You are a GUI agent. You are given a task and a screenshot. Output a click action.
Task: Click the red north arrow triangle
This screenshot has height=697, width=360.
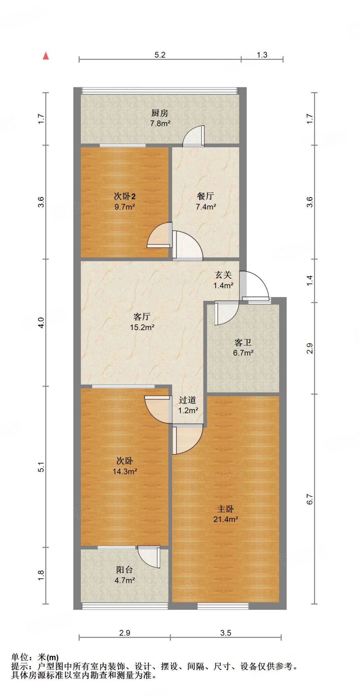tap(46, 56)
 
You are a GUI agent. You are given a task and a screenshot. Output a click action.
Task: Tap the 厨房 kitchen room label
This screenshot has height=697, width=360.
tap(160, 113)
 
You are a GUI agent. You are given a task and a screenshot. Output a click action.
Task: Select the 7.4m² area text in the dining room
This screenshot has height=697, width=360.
tap(206, 207)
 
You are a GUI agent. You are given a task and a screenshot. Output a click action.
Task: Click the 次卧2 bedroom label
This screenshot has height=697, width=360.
tap(125, 196)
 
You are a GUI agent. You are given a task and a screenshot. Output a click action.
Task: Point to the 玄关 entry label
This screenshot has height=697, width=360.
tap(223, 275)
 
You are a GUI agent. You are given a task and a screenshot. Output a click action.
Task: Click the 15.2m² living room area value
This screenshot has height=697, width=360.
tap(142, 327)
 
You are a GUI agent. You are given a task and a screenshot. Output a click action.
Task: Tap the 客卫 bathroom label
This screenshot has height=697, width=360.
tap(243, 343)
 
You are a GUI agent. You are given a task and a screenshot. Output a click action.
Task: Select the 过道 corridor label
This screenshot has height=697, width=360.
tap(187, 400)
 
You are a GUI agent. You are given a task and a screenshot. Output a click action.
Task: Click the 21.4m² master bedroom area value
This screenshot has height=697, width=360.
tap(225, 519)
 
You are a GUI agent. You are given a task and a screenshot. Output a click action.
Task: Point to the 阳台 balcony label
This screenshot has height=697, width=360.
tap(124, 570)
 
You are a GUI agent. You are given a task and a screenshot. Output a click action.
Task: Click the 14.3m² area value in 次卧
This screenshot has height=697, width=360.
tap(125, 471)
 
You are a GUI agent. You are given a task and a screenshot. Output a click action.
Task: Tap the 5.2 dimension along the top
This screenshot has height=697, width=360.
tap(160, 55)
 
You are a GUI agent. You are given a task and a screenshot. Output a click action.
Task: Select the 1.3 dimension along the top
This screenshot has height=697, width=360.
tap(262, 55)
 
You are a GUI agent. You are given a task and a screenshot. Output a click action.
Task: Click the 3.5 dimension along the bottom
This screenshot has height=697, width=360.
tap(226, 633)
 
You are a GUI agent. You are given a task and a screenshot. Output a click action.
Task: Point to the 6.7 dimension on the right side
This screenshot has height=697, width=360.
tap(309, 499)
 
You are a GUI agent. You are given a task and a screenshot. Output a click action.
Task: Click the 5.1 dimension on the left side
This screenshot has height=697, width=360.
tap(41, 467)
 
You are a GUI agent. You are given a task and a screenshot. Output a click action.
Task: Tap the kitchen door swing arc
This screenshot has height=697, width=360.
tap(193, 136)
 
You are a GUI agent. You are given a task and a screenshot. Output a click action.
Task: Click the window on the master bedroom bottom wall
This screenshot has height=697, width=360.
tap(223, 606)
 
